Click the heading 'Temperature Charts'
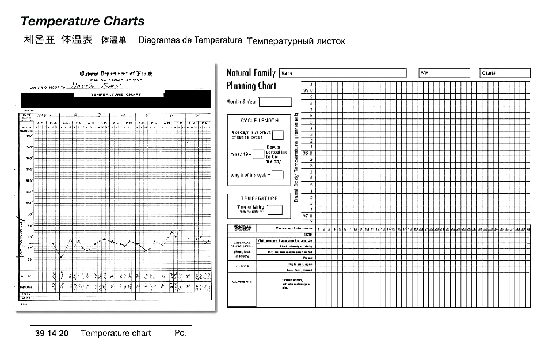point(82,21)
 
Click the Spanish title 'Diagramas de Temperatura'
point(190,40)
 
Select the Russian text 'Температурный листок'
point(296,41)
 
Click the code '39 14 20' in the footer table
point(52,334)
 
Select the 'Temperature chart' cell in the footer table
point(116,334)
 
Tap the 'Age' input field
point(444,74)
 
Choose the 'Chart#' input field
point(505,74)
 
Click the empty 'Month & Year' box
point(275,102)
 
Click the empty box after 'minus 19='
point(258,154)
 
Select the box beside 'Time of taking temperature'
point(274,210)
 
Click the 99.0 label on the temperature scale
point(307,90)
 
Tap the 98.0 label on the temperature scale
point(307,153)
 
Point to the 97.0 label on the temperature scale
point(307,216)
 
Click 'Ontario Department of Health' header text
point(116,74)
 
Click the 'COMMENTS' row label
point(242,282)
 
